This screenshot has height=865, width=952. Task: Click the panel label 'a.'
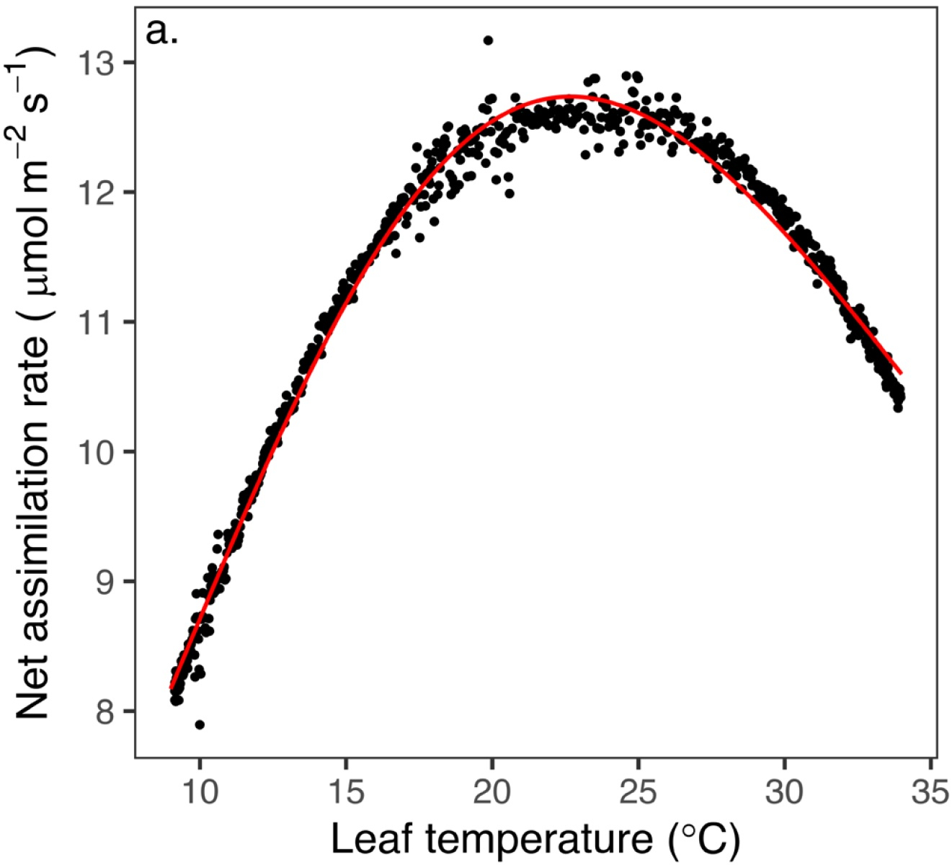click(161, 32)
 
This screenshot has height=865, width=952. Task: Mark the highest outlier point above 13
click(488, 40)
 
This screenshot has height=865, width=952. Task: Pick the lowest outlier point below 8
click(200, 724)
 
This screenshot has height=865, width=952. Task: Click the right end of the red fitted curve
click(901, 373)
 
